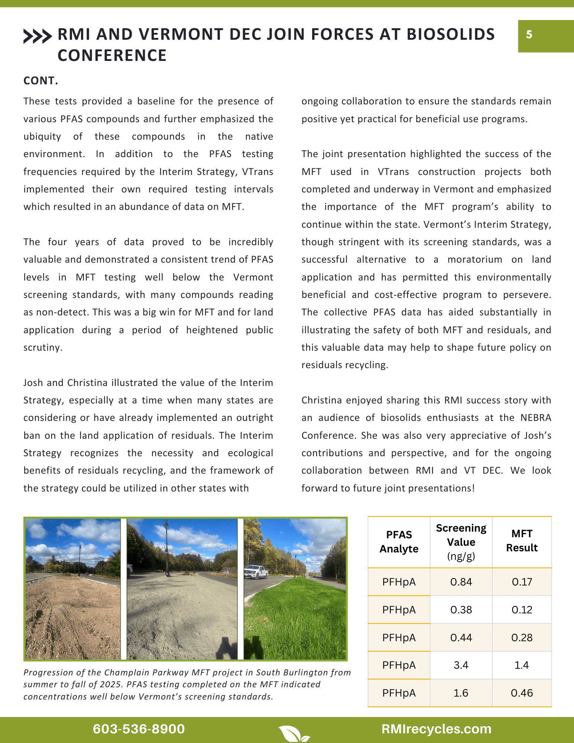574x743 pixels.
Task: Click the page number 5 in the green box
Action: [x=529, y=35]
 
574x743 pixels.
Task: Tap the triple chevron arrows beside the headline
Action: [x=37, y=36]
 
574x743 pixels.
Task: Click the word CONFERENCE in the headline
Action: [x=112, y=56]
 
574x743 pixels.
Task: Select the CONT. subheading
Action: [x=41, y=81]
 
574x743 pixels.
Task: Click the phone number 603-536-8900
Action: [x=139, y=729]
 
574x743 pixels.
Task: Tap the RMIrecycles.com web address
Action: [x=436, y=729]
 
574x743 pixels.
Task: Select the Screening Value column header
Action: [x=461, y=542]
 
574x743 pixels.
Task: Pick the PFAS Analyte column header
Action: [x=399, y=542]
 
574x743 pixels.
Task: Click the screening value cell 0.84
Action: [x=461, y=582]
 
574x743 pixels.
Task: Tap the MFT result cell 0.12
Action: [x=522, y=610]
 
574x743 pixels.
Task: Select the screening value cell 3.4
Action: [x=461, y=665]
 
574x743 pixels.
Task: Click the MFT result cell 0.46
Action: [x=522, y=693]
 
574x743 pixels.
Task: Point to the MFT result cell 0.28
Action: [x=522, y=637]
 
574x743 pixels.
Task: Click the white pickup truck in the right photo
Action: [x=256, y=572]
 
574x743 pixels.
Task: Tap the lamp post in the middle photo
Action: [x=167, y=550]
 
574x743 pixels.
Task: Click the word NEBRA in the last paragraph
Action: [x=535, y=418]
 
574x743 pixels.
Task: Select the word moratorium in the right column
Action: [x=474, y=259]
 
